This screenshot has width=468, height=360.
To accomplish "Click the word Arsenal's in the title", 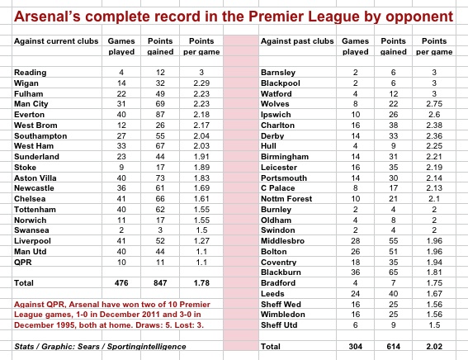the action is (47, 17).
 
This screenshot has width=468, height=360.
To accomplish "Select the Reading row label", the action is (31, 73).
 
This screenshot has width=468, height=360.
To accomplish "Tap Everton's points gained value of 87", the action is (160, 115).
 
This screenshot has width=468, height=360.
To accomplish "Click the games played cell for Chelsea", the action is (121, 199).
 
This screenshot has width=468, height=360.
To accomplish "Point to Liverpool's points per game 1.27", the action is (201, 241).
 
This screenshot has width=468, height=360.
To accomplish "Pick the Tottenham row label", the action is (35, 210).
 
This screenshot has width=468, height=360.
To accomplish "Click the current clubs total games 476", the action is (121, 283).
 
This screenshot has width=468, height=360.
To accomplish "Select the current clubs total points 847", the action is (160, 283).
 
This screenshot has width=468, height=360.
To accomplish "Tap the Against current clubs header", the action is (56, 41).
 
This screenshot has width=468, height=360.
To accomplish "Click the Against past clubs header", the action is (297, 41).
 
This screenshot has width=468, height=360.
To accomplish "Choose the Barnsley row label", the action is (278, 73).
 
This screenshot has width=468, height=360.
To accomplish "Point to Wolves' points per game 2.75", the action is (434, 104).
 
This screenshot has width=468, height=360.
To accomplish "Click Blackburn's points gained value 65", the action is (393, 272).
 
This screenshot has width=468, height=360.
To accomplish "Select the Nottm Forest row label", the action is (286, 199).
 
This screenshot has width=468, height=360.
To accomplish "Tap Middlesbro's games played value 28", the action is (355, 241).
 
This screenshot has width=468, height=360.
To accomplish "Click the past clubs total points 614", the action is (393, 347).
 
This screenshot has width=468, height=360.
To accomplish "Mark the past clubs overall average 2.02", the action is (434, 347).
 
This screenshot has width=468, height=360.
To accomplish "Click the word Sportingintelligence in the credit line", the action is (147, 347).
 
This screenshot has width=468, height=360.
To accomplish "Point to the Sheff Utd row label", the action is (279, 325).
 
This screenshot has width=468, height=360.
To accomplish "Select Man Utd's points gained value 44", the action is (160, 252).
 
